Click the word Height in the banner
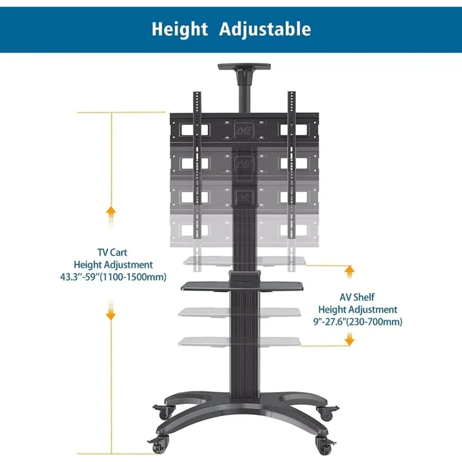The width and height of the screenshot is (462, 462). click(180, 29)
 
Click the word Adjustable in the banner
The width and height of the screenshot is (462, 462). click(265, 29)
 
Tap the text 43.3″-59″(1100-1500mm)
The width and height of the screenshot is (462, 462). click(113, 277)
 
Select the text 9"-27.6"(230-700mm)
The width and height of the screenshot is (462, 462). click(357, 322)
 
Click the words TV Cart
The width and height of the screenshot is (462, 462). click(112, 252)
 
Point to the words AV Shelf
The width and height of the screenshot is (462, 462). click(357, 297)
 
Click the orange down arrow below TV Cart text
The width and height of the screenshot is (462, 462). click(111, 310)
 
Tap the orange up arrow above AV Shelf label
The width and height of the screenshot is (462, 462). click(349, 272)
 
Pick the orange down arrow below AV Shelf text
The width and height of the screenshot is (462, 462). click(349, 339)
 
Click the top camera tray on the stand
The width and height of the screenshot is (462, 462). click(244, 66)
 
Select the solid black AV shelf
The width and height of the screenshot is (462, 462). click(242, 286)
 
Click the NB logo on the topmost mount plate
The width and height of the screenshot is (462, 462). click(244, 130)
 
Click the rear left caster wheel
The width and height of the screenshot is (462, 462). click(164, 412)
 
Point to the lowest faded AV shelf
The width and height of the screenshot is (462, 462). click(240, 342)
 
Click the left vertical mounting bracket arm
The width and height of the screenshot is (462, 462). click(197, 165)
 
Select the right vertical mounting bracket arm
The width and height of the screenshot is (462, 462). click(292, 165)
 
